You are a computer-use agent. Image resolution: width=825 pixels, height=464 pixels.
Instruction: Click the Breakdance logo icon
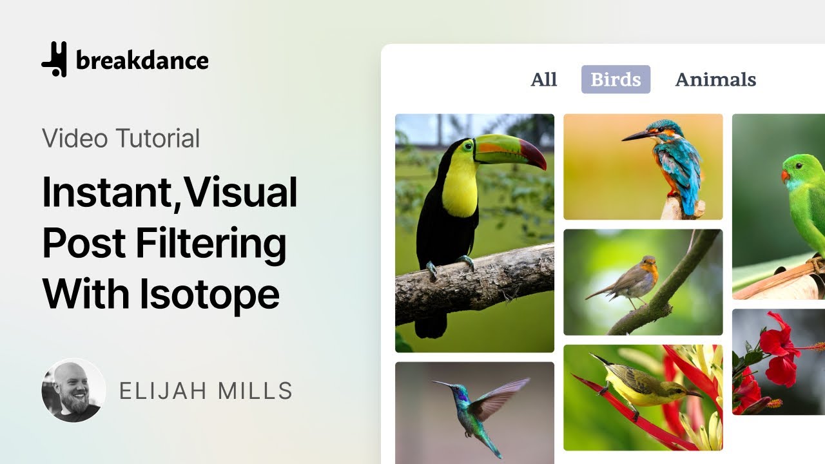tap(54, 59)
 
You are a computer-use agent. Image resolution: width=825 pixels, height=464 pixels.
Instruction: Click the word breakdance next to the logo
tap(142, 61)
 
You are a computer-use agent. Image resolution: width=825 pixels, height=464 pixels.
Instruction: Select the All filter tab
tap(543, 79)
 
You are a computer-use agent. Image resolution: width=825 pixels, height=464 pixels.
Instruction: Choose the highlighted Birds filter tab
tap(616, 79)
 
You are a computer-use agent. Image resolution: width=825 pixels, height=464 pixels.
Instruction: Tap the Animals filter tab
tap(715, 79)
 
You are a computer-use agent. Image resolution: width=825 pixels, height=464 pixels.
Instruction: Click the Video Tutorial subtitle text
tap(121, 138)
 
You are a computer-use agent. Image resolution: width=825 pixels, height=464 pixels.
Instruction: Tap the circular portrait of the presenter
tap(73, 390)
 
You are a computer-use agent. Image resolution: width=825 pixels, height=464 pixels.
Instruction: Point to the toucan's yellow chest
tap(460, 187)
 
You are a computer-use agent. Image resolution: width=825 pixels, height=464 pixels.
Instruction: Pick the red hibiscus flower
tap(777, 351)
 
